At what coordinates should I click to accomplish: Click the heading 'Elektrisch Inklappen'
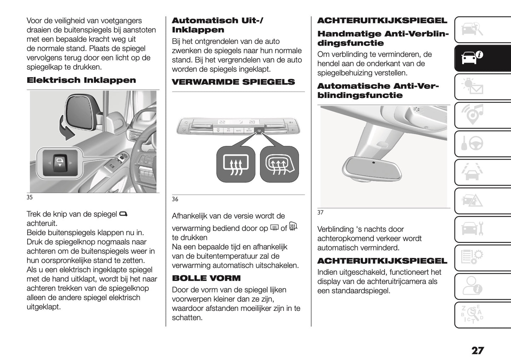(81, 80)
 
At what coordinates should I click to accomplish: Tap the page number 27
(477, 350)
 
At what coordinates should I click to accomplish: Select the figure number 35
(30, 197)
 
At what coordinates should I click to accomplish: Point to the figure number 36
(175, 199)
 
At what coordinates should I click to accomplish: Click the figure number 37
(320, 213)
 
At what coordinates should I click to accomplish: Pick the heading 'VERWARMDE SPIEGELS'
(233, 82)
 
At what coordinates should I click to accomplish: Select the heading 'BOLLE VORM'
(206, 278)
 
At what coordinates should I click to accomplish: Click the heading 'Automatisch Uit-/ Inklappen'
(217, 25)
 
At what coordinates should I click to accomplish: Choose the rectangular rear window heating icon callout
(236, 164)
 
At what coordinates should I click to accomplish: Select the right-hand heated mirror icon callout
(279, 164)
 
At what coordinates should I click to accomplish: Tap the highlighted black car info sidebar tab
(472, 58)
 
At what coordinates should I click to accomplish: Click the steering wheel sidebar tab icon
(472, 144)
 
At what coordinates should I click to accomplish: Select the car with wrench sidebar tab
(472, 230)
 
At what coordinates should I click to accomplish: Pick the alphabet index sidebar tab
(472, 315)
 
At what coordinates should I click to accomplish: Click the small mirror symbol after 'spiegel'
(123, 214)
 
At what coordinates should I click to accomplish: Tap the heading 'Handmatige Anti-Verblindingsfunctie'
(383, 39)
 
